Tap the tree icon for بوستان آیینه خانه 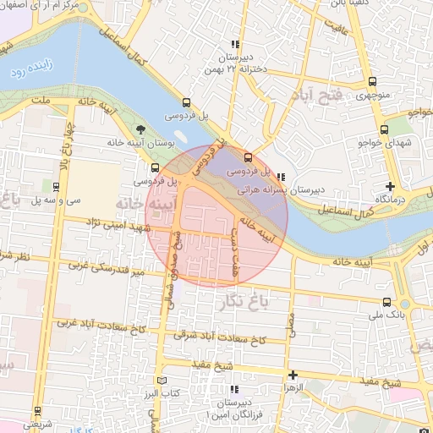(140, 129)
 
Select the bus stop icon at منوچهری (373, 82)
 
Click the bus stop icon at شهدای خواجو (384, 130)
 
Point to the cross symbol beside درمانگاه (390, 186)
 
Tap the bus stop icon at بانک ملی (386, 303)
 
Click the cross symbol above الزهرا (293, 375)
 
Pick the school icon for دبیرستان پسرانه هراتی (281, 178)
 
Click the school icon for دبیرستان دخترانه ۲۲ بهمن (236, 44)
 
